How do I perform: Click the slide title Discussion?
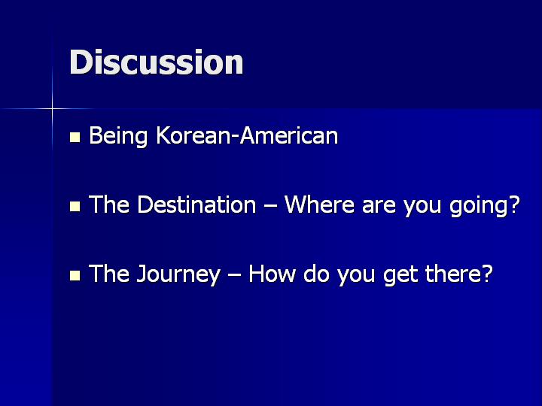(x=157, y=62)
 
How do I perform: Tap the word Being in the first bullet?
(x=118, y=136)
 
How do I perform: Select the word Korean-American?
(x=247, y=135)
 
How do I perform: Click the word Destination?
(x=196, y=204)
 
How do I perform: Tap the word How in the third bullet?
(x=272, y=274)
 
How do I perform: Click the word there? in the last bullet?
(x=458, y=274)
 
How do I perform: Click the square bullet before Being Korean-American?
(x=75, y=137)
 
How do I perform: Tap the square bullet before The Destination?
(x=75, y=207)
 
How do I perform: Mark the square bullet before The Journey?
(x=75, y=275)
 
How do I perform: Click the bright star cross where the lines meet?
(x=52, y=109)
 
